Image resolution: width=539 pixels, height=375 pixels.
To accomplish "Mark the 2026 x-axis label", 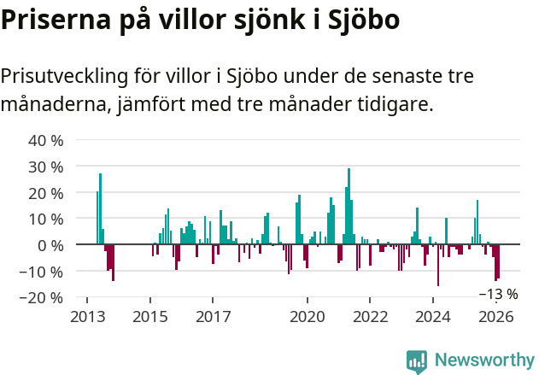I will (x=496, y=316).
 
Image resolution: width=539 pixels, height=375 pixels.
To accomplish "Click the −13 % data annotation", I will (x=498, y=294).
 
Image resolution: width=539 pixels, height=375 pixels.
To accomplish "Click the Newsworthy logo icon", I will (x=417, y=361).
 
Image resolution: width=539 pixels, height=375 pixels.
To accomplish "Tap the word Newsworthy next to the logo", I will (x=483, y=361).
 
